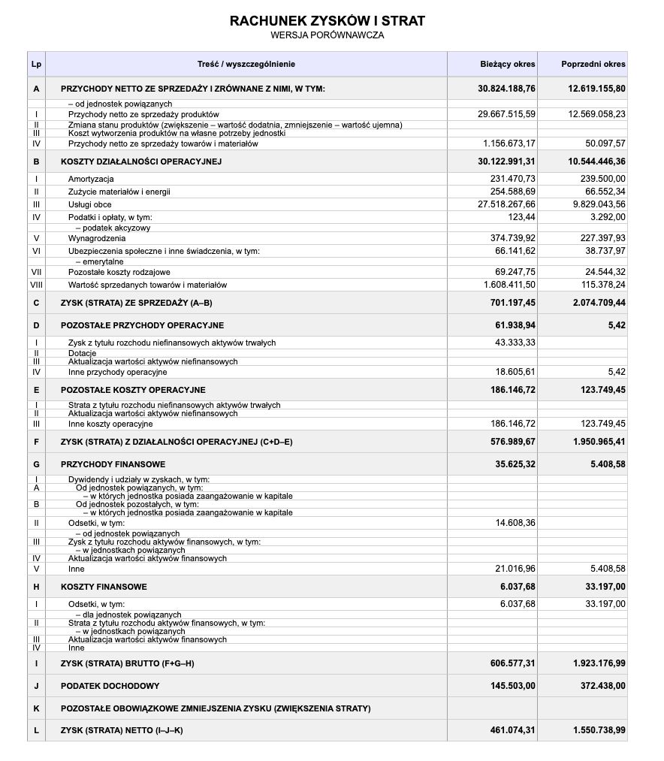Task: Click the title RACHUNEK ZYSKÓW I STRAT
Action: [x=327, y=20]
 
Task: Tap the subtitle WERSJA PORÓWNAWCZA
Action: [x=327, y=35]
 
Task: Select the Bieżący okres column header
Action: [x=508, y=64]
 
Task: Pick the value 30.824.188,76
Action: [x=506, y=89]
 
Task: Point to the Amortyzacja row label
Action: [x=90, y=179]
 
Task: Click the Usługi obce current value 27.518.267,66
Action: [x=507, y=204]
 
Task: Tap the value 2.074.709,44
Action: [x=593, y=303]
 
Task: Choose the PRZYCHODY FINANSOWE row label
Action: [x=113, y=464]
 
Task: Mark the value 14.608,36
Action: [x=515, y=522]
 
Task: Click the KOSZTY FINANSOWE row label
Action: [x=104, y=587]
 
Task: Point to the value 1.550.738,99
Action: [x=593, y=730]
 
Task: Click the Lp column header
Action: [x=36, y=64]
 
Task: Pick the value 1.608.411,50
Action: [x=509, y=285]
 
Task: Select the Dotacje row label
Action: [x=82, y=352]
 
